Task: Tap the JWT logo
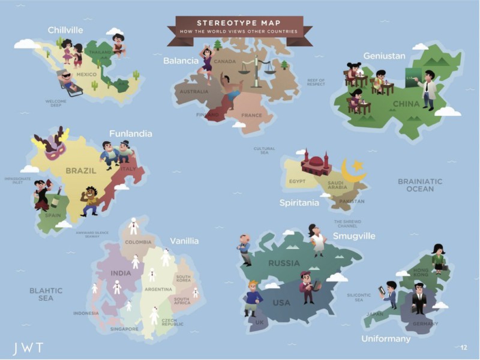click(28, 347)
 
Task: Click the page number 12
click(463, 346)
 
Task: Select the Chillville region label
click(65, 30)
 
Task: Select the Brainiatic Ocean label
click(420, 185)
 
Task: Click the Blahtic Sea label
click(46, 294)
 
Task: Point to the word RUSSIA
click(284, 263)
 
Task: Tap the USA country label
click(281, 302)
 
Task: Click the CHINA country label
click(406, 104)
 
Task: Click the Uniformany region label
click(386, 339)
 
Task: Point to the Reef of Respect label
click(316, 82)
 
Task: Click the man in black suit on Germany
click(419, 298)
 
